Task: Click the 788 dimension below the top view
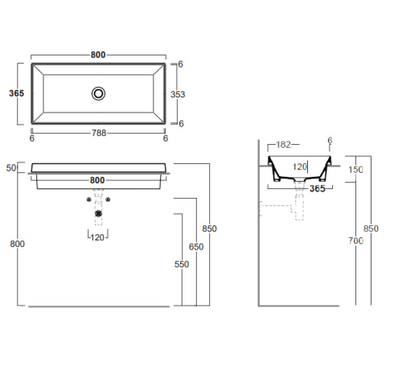[99, 133]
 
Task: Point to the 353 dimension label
[178, 94]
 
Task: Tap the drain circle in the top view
[98, 93]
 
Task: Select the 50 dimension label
[11, 168]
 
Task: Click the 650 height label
[196, 247]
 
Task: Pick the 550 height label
[182, 265]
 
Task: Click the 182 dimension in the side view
[283, 145]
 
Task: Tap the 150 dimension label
[355, 170]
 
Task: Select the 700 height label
[355, 240]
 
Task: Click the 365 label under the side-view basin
[318, 189]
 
